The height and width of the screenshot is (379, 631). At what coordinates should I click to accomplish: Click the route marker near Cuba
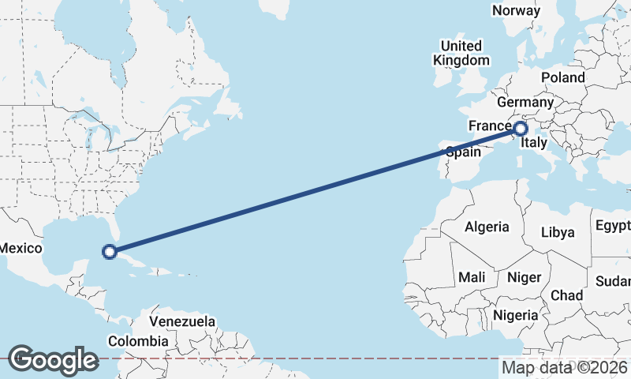pyautogui.click(x=110, y=252)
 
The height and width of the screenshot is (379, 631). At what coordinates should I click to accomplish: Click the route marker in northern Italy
pyautogui.click(x=521, y=128)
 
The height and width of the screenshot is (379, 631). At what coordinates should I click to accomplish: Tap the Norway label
pyautogui.click(x=516, y=10)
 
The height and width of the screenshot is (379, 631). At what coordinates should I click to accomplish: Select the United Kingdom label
pyautogui.click(x=461, y=53)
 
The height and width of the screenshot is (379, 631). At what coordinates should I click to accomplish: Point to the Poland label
pyautogui.click(x=563, y=77)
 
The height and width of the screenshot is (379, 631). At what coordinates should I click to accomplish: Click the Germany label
pyautogui.click(x=525, y=103)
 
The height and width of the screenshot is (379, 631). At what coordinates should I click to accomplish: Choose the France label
pyautogui.click(x=490, y=126)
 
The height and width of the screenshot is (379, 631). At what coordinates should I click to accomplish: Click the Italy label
pyautogui.click(x=534, y=143)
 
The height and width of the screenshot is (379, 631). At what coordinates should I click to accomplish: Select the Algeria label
pyautogui.click(x=487, y=227)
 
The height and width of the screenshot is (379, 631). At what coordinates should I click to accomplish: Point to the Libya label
pyautogui.click(x=558, y=232)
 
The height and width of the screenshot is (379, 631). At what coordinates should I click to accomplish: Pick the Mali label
pyautogui.click(x=472, y=277)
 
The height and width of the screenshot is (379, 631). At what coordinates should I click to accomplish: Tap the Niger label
pyautogui.click(x=524, y=277)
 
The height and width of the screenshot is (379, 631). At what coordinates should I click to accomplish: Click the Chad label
pyautogui.click(x=566, y=295)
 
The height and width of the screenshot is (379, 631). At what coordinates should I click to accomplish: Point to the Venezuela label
pyautogui.click(x=182, y=322)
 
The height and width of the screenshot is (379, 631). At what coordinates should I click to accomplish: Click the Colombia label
pyautogui.click(x=138, y=341)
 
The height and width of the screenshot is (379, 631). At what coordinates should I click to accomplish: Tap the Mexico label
pyautogui.click(x=20, y=248)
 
